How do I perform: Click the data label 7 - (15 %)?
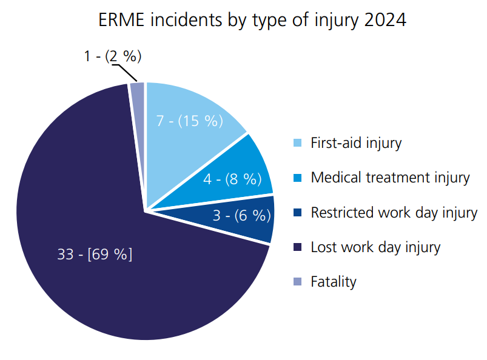(190, 121)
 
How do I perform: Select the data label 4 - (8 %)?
(232, 179)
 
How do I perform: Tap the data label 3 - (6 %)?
(241, 215)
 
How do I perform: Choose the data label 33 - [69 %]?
(95, 254)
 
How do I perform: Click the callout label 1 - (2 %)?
(113, 56)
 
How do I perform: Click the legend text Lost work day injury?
(375, 247)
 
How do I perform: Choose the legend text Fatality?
(334, 282)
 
